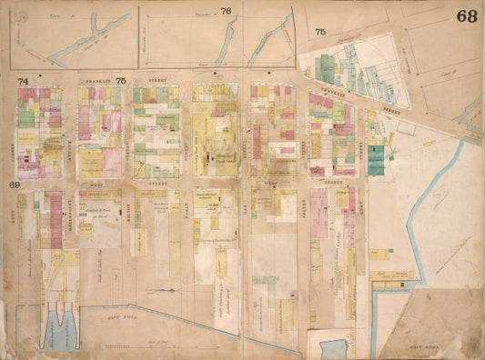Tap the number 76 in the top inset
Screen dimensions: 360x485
click(x=226, y=10)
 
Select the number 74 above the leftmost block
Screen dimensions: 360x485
click(x=23, y=81)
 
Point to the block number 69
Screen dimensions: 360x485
click(x=15, y=185)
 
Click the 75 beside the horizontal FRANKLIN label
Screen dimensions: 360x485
click(x=120, y=81)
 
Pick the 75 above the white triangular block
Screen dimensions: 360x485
click(x=319, y=32)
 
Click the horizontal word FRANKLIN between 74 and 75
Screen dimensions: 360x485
click(x=96, y=81)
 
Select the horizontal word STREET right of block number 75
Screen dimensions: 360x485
click(x=146, y=81)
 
